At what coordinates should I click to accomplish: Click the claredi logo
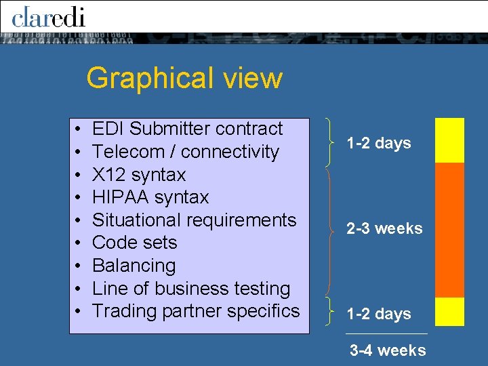pos(48,16)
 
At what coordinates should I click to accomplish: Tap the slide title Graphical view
pos(184,78)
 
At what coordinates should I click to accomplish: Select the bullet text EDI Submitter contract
pos(187,129)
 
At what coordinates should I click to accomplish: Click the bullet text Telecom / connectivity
pos(185,152)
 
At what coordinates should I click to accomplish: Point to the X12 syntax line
pos(138,175)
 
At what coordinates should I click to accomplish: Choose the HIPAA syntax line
pos(150,197)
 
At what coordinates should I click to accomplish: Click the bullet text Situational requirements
pos(194,220)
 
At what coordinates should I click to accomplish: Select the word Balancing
pos(134,266)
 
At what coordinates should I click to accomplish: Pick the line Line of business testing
pos(191,289)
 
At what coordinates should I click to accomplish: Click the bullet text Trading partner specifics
pos(195,311)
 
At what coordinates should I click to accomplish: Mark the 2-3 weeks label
pos(384,229)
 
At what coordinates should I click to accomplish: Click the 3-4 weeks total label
pos(388,350)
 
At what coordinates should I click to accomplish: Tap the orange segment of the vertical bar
pos(449,229)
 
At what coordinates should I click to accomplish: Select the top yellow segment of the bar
pos(449,140)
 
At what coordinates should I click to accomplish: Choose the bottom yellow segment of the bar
pos(449,311)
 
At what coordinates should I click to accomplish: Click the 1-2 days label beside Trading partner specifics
pos(379,314)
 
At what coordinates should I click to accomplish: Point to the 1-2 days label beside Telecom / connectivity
pos(379,144)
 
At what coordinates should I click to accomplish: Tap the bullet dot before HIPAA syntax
pos(79,198)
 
